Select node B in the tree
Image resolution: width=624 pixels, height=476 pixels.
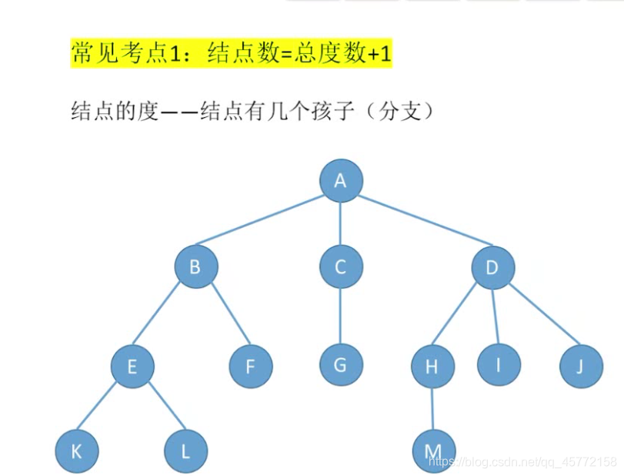click(x=195, y=267)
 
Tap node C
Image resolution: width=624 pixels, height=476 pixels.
click(x=341, y=267)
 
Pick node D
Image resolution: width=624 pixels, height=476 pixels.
click(x=492, y=267)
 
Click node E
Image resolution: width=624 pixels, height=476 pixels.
click(x=132, y=366)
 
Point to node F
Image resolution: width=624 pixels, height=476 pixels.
click(x=250, y=366)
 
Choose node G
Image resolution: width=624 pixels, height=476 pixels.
click(x=341, y=364)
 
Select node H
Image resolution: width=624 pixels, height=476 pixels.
click(x=432, y=367)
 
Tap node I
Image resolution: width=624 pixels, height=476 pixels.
click(x=498, y=364)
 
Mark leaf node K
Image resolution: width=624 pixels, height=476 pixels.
click(x=76, y=451)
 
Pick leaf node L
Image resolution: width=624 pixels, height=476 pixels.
click(x=185, y=451)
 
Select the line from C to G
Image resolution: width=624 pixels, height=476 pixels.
click(x=341, y=316)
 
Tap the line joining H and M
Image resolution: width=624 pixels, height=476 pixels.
click(x=432, y=408)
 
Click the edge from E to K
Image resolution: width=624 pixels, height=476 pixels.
click(x=104, y=409)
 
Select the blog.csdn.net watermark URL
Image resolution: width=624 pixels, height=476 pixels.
click(x=522, y=462)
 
